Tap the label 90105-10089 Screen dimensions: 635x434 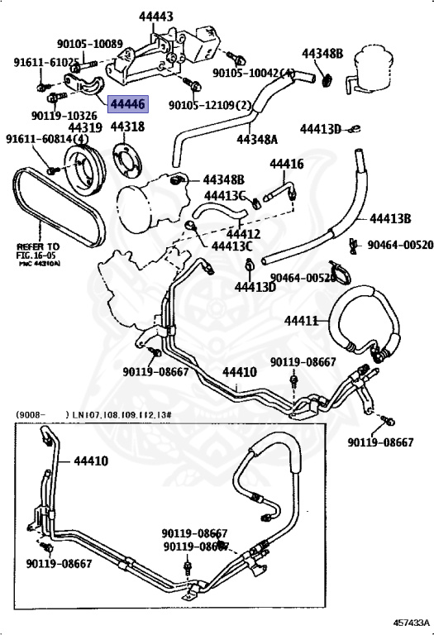(x=89, y=44)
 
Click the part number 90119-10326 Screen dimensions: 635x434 (x=64, y=116)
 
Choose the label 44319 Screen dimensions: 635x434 (x=84, y=127)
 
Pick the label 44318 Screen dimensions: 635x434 (x=127, y=127)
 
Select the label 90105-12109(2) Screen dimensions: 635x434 (x=209, y=106)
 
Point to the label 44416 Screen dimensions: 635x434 (x=285, y=164)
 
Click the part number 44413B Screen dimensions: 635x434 (x=390, y=218)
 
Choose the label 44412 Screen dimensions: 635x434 (x=224, y=234)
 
